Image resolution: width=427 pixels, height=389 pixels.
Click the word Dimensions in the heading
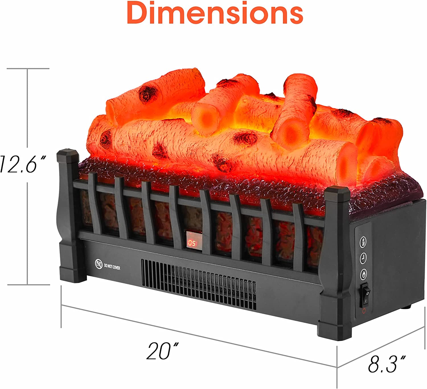(x=215, y=13)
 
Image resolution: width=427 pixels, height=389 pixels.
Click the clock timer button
(x=363, y=258)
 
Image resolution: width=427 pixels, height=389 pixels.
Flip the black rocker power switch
(x=365, y=295)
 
